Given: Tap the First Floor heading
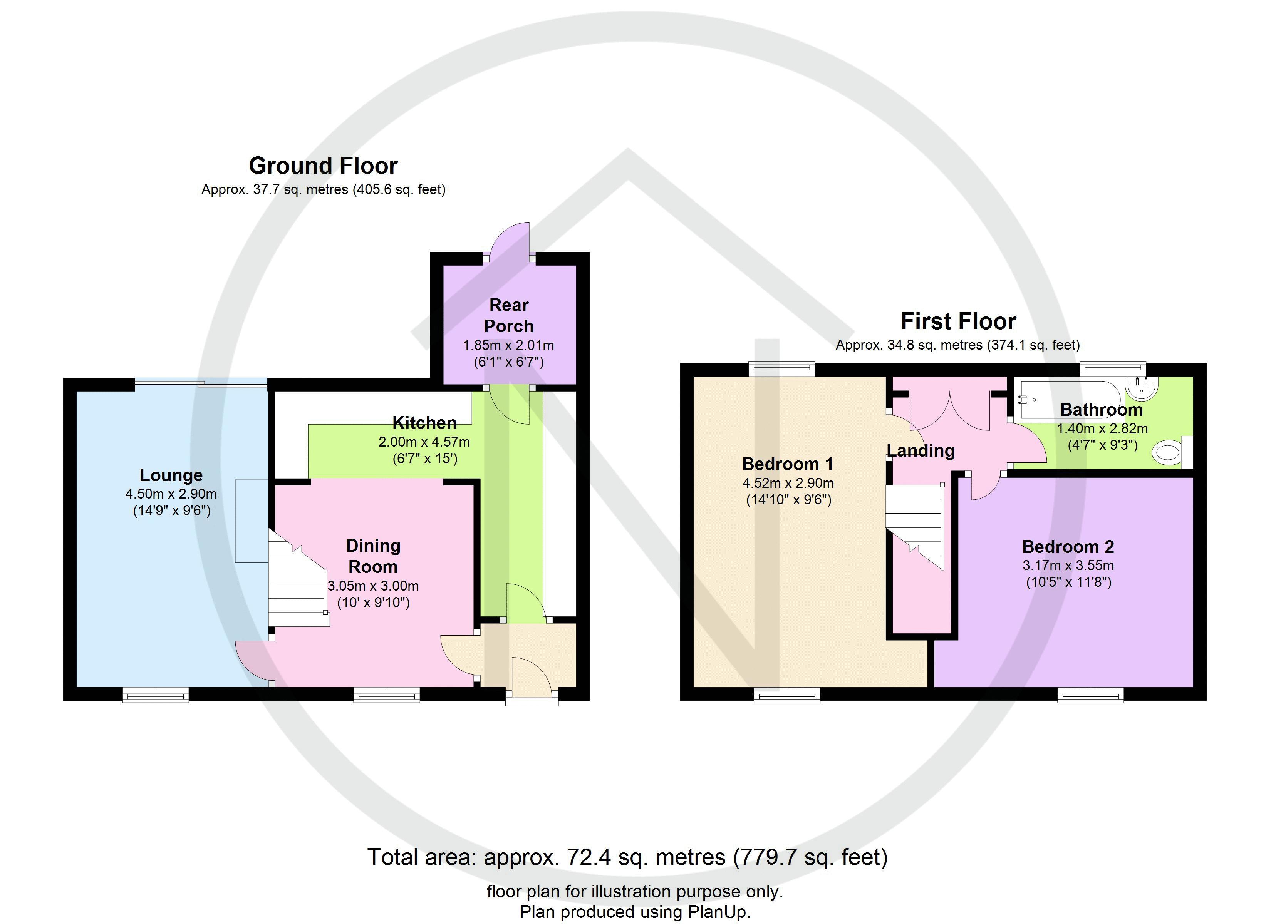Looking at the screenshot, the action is (x=958, y=321).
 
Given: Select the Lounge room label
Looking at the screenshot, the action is (x=171, y=475).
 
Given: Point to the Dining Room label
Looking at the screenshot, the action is (x=373, y=556).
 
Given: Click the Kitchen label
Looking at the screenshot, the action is (x=424, y=422).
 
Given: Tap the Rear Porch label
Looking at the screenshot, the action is (x=508, y=315).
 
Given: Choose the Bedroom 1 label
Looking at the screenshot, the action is (x=787, y=464).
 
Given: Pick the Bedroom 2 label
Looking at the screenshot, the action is (x=1068, y=546).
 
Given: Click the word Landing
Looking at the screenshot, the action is (x=920, y=450).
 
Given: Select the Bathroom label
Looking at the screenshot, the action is (x=1101, y=410).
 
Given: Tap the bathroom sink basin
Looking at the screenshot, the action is (x=1141, y=389).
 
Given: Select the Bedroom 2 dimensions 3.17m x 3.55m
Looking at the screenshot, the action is (x=1068, y=566).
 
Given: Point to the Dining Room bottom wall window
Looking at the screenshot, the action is (x=386, y=695).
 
